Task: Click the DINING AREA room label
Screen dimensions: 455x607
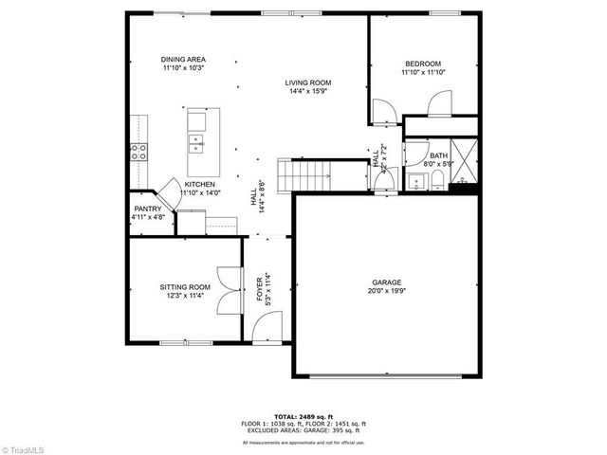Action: pos(184,60)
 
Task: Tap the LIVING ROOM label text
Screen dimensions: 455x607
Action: pos(308,83)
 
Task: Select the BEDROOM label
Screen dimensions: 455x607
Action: pos(422,64)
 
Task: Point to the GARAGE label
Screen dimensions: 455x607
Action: pos(386,282)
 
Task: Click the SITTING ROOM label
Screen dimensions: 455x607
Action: pos(184,287)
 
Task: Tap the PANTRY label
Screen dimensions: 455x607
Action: pos(148,209)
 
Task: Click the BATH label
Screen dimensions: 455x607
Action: pos(438,155)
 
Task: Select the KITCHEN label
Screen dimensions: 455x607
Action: pos(199,184)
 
